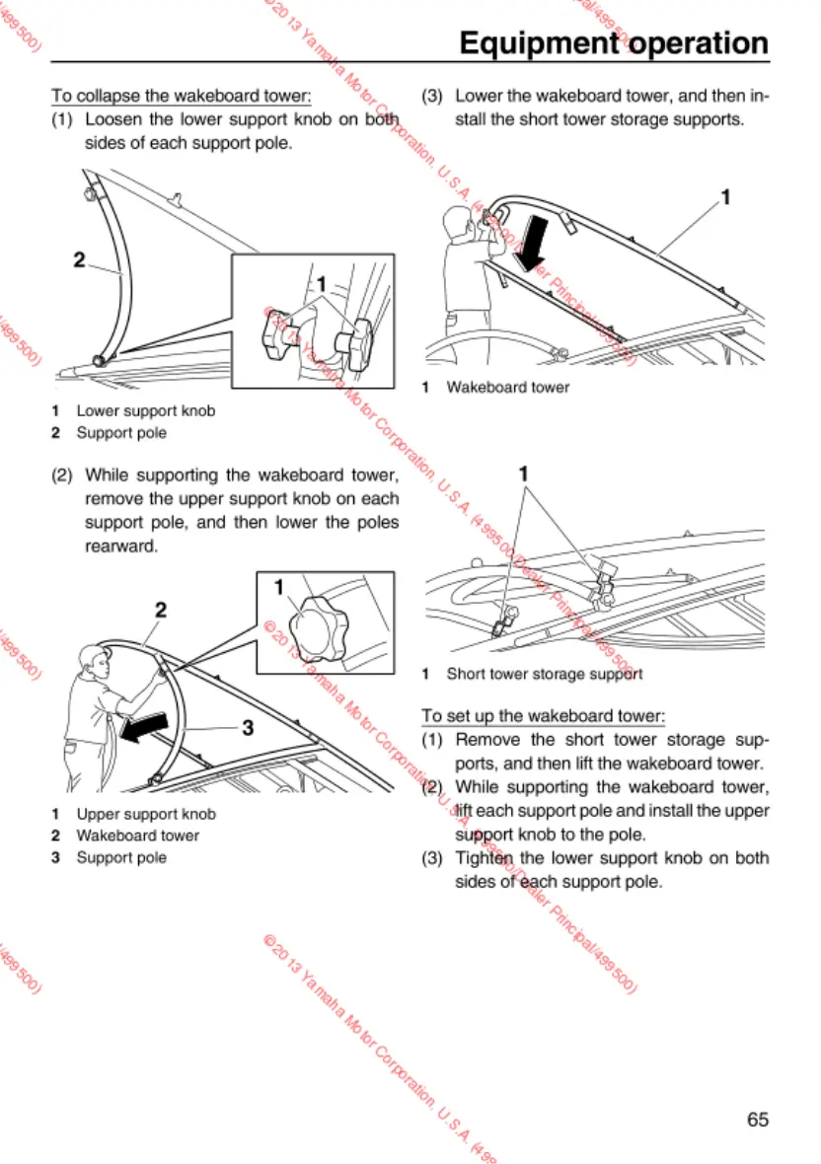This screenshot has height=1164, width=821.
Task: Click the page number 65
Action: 757,1120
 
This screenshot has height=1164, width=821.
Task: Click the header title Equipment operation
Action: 614,43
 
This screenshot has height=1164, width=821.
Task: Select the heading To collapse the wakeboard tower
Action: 182,97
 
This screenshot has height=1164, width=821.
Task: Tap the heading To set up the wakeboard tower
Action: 543,715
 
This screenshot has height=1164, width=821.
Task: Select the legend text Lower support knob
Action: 145,410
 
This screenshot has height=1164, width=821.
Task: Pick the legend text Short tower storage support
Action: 544,675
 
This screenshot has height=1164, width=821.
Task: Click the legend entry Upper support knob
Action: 145,814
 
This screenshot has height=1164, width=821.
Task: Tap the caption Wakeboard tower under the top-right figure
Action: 507,388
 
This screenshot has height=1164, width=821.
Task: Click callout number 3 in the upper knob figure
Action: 249,728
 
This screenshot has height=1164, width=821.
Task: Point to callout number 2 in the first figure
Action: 79,259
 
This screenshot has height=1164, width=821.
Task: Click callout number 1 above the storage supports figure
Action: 524,474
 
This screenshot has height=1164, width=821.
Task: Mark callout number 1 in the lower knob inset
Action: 321,284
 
